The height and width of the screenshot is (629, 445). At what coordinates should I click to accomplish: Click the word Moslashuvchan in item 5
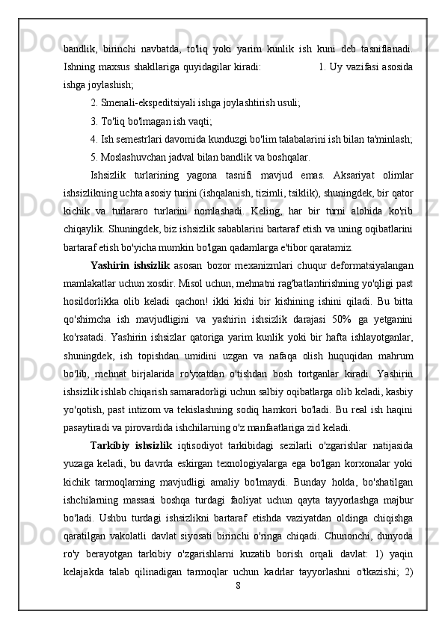[x=139, y=157]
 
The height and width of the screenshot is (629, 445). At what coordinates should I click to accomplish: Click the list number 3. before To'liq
[x=93, y=120]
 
